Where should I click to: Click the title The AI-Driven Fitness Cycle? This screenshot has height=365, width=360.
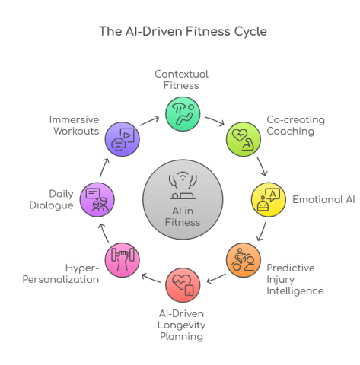click(180, 32)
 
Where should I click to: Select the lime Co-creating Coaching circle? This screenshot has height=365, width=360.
click(241, 138)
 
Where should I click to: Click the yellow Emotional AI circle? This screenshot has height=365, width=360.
click(266, 200)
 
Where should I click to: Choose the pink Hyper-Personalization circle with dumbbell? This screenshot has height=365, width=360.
click(121, 261)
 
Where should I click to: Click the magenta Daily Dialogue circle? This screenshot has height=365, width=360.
click(95, 200)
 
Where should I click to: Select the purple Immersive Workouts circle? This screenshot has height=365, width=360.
click(121, 138)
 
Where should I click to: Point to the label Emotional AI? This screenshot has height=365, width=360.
click(323, 200)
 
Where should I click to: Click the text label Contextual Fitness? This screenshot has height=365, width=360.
click(181, 80)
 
